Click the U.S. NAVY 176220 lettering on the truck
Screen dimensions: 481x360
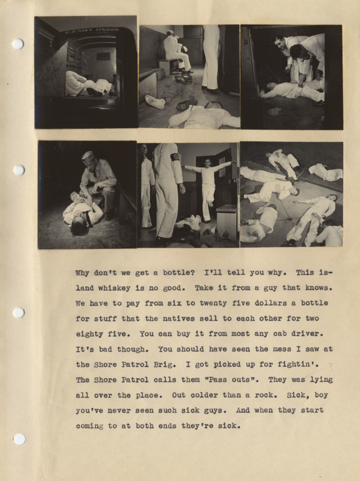tap(91, 30)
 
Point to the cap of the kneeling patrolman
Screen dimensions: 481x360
tap(88, 156)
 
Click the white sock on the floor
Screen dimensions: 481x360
tap(155, 101)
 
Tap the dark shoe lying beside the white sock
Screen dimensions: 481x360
tap(186, 103)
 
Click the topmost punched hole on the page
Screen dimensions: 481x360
tap(18, 44)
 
